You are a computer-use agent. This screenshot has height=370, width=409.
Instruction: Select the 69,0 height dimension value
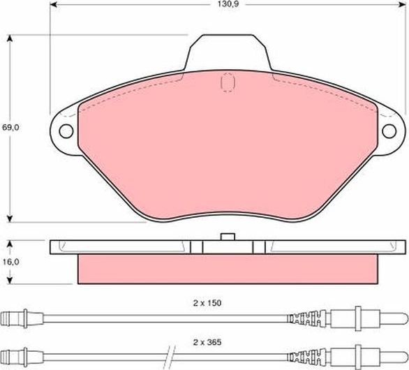[9, 128]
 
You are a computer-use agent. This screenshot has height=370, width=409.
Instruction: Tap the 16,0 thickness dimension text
[9, 262]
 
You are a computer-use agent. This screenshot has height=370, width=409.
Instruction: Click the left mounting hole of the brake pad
[66, 131]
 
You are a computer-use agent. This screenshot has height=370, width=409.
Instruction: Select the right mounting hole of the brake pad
[391, 131]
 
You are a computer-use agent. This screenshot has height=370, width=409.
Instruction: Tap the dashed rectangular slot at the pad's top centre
[228, 83]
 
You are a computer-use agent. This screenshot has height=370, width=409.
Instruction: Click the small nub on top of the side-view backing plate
[228, 236]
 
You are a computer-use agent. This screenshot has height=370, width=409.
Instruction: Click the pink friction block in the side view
[228, 269]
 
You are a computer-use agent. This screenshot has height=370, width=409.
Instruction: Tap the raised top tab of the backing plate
[228, 52]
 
